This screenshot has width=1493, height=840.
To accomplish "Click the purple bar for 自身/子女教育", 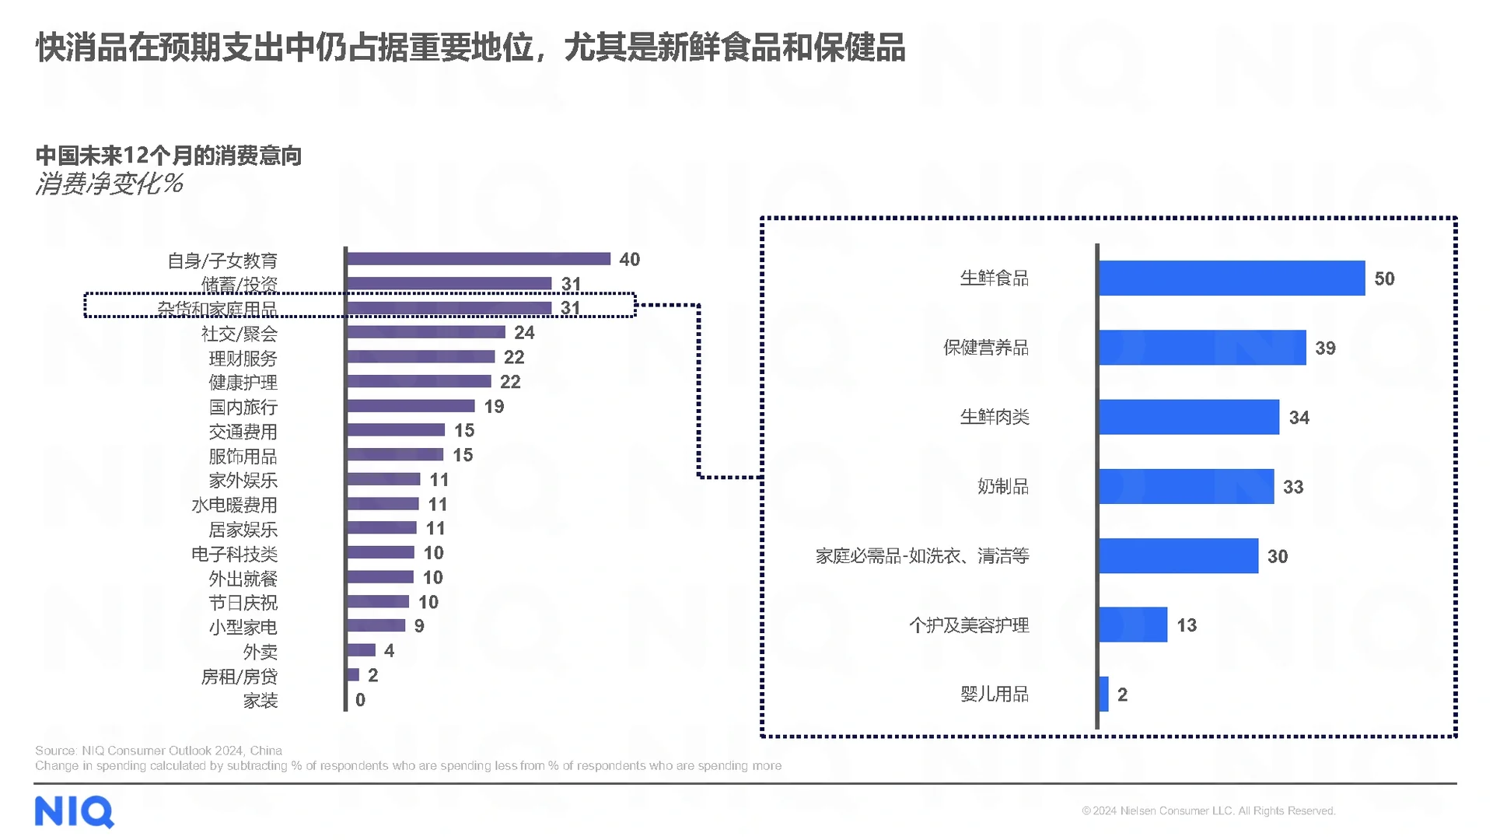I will pyautogui.click(x=478, y=259).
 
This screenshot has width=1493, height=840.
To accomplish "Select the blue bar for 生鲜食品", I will pyautogui.click(x=1232, y=278).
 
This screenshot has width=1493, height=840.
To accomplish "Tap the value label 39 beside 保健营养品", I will pyautogui.click(x=1325, y=348).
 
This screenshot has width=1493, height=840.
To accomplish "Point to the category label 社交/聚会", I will pyautogui.click(x=240, y=334).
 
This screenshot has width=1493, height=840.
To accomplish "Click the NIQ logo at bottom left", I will pyautogui.click(x=75, y=812).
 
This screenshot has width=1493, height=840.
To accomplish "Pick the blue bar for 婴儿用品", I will pyautogui.click(x=1103, y=694).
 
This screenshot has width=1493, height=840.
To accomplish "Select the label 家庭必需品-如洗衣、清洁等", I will pyautogui.click(x=922, y=556).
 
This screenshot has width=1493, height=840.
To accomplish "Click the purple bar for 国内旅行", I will pyautogui.click(x=411, y=406).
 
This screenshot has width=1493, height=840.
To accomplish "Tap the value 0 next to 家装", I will pyautogui.click(x=360, y=700).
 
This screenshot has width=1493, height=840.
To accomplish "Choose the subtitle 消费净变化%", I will pyautogui.click(x=109, y=184).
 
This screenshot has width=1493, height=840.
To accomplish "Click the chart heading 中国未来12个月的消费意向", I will pyautogui.click(x=169, y=156).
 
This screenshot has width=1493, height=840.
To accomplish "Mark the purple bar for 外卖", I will pyautogui.click(x=362, y=650).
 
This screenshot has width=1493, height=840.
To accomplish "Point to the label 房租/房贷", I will pyautogui.click(x=240, y=677).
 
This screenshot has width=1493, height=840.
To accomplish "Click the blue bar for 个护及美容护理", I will pyautogui.click(x=1133, y=625).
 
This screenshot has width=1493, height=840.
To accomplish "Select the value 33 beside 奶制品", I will pyautogui.click(x=1292, y=487).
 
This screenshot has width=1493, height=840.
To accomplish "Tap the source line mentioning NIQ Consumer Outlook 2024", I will pyautogui.click(x=159, y=751).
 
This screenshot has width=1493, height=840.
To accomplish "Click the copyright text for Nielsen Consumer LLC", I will pyautogui.click(x=1208, y=810).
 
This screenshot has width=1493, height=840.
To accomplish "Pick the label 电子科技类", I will pyautogui.click(x=235, y=555).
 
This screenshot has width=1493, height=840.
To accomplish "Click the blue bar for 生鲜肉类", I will pyautogui.click(x=1189, y=417).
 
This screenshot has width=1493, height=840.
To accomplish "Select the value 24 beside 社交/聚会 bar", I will pyautogui.click(x=524, y=333).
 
